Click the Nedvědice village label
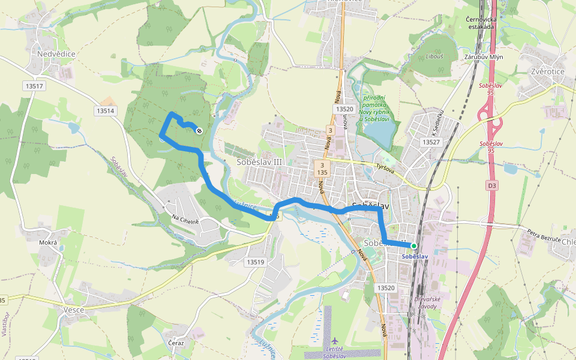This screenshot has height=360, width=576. (56, 54)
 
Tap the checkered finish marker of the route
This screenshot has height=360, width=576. (199, 131)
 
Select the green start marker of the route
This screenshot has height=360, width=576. (413, 246)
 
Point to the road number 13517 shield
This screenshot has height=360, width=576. (35, 86)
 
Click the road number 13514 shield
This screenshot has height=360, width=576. (105, 111)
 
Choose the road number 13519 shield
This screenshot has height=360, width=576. (255, 262)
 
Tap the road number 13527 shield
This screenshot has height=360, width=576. (431, 142)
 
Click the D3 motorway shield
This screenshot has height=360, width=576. (492, 186)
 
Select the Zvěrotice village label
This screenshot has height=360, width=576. (548, 71)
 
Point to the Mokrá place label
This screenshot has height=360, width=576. (48, 243)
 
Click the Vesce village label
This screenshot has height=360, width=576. (73, 310)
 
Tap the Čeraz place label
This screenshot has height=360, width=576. (176, 343)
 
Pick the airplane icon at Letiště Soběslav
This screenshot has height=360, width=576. (335, 341)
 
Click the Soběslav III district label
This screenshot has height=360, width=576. (259, 163)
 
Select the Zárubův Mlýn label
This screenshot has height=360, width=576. (484, 57)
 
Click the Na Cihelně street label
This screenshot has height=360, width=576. (185, 220)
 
